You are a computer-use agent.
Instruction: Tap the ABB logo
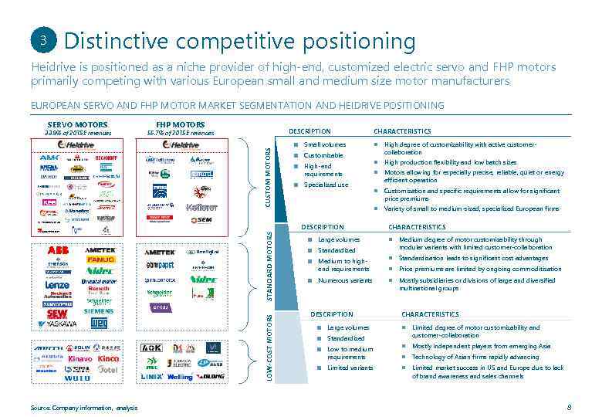tap(59, 251)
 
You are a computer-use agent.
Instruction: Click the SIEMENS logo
tap(99, 311)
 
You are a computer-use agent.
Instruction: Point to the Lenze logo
tap(57, 284)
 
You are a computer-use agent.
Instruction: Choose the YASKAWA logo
tap(58, 324)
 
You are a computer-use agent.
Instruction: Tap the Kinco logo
tap(109, 359)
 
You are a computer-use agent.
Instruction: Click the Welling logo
tap(180, 377)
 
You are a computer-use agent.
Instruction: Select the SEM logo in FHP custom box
tap(201, 220)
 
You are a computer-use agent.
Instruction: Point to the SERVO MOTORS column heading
tap(77, 124)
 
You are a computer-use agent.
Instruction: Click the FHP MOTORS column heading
tap(180, 124)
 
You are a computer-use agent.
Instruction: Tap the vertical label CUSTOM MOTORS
tap(269, 176)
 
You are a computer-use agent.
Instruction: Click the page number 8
tap(569, 407)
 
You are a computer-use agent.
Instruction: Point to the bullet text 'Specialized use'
tap(326, 185)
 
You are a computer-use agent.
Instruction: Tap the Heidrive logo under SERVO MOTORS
tap(77, 144)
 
